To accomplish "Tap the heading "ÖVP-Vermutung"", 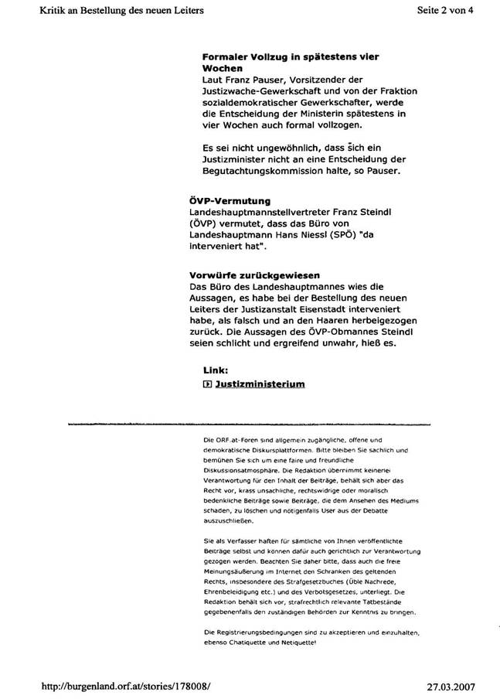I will pyautogui.click(x=230, y=201).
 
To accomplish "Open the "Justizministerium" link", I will pyautogui.click(x=259, y=384).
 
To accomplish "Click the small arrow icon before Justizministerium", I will pyautogui.click(x=206, y=384).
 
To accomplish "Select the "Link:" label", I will pyautogui.click(x=216, y=370).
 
